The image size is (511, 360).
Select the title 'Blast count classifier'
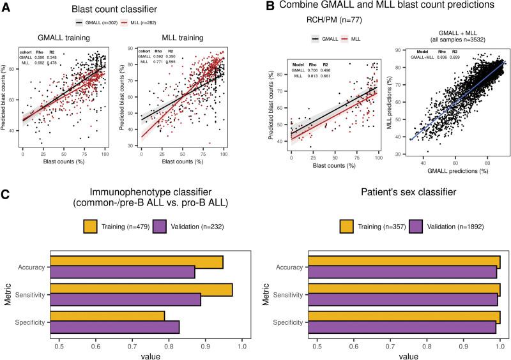(x=131, y=10)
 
